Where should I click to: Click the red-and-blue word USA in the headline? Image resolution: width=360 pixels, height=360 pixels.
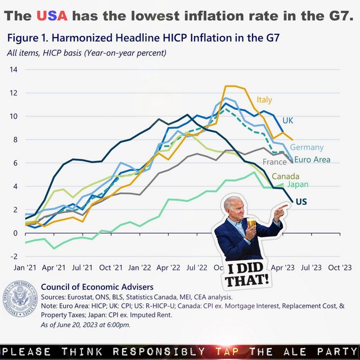52,16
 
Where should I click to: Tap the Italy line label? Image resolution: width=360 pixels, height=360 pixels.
264,100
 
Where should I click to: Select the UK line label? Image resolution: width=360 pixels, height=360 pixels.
288,120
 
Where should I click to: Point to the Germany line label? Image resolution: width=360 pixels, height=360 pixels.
307,147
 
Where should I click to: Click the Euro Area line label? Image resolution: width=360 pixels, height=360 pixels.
312,160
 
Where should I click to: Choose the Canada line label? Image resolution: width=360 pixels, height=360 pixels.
286,177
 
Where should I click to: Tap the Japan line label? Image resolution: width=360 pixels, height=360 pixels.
298,184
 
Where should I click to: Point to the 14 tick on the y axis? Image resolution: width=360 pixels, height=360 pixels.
13,70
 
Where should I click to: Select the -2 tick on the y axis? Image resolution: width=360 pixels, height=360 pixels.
13,256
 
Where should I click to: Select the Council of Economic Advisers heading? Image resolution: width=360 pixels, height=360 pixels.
97,287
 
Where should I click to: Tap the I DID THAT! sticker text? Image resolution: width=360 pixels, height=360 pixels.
247,273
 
